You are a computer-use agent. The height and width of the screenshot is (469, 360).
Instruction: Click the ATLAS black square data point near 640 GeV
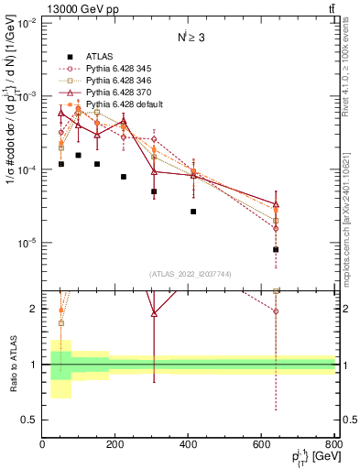[x=276, y=249]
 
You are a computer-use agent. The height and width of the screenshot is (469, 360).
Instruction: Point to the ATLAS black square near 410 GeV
[x=193, y=212]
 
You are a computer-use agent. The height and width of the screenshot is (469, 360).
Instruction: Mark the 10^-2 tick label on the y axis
[x=27, y=23]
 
